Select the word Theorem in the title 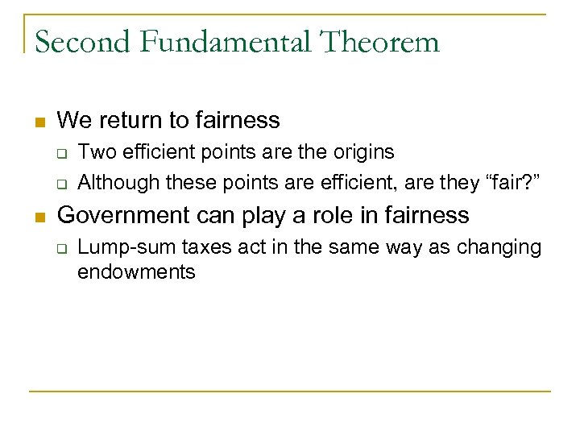pos(381,41)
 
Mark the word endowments pos(136,272)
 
